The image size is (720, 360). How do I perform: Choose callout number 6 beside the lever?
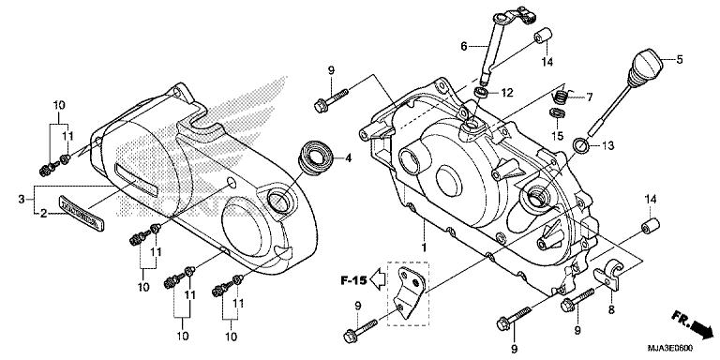463,45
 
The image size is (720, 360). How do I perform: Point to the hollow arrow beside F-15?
378,278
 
